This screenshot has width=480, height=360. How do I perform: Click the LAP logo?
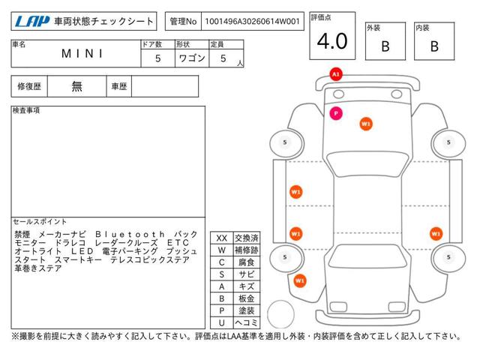tap(32, 22)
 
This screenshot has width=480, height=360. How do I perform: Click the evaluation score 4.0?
tap(332, 41)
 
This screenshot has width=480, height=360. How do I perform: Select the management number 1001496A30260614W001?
tap(252, 22)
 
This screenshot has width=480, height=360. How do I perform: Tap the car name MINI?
tap(82, 54)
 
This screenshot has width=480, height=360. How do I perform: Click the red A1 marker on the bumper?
tap(336, 74)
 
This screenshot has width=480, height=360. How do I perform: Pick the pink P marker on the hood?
tap(336, 113)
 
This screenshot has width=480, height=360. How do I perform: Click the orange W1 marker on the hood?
tap(366, 124)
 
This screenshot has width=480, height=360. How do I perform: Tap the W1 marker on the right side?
tap(436, 234)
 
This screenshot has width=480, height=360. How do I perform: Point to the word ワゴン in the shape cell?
tap(192, 58)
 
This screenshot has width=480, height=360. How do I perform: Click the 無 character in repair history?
tap(76, 86)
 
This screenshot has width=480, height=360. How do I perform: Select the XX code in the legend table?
tap(222, 238)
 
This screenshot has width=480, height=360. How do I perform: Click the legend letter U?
tap(222, 322)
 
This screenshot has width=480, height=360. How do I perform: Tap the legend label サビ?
tap(247, 274)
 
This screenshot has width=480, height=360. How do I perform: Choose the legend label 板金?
tap(247, 298)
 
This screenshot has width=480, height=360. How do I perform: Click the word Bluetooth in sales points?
tap(130, 235)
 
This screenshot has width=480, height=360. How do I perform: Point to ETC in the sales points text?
tap(178, 243)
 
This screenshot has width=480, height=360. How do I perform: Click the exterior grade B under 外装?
tap(385, 46)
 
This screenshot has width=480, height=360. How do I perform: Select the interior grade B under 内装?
tap(434, 46)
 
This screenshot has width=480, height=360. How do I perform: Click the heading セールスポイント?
tap(40, 222)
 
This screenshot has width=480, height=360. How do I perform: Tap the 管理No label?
tap(183, 22)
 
